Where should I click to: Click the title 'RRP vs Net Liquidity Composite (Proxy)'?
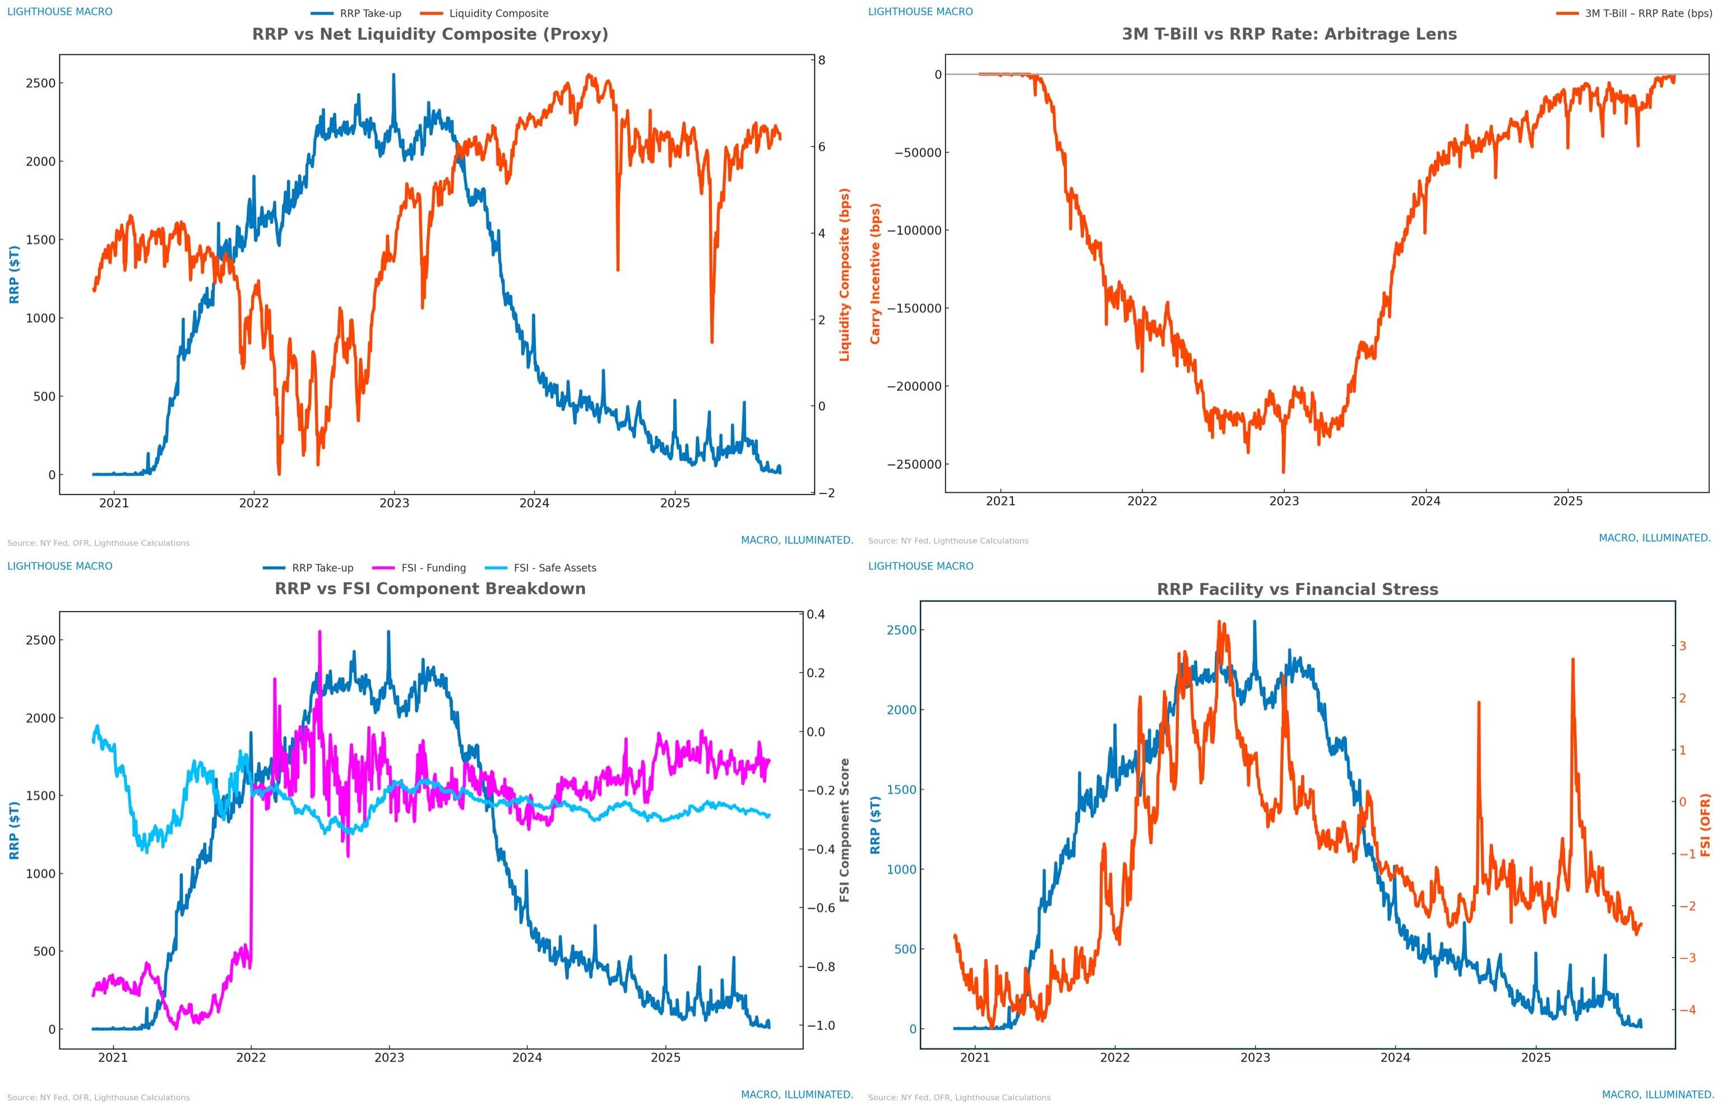pyautogui.click(x=429, y=34)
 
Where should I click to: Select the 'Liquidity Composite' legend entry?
pyautogui.click(x=498, y=13)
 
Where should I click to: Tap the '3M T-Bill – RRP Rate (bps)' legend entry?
pyautogui.click(x=1648, y=13)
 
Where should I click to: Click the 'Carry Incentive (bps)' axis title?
pyautogui.click(x=876, y=274)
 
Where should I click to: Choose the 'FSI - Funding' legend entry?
pyautogui.click(x=433, y=568)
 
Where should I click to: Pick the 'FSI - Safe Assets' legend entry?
pyautogui.click(x=554, y=568)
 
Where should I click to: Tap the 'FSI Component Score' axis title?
pyautogui.click(x=844, y=830)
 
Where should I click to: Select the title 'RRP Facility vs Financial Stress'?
pyautogui.click(x=1297, y=590)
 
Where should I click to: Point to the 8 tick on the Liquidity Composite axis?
pyautogui.click(x=821, y=60)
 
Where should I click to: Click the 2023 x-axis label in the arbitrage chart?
pyautogui.click(x=1283, y=501)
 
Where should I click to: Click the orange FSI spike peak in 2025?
pyautogui.click(x=1572, y=659)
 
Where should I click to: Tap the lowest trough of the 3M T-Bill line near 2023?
pyautogui.click(x=1283, y=472)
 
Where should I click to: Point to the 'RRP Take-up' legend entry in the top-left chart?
pyautogui.click(x=369, y=13)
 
